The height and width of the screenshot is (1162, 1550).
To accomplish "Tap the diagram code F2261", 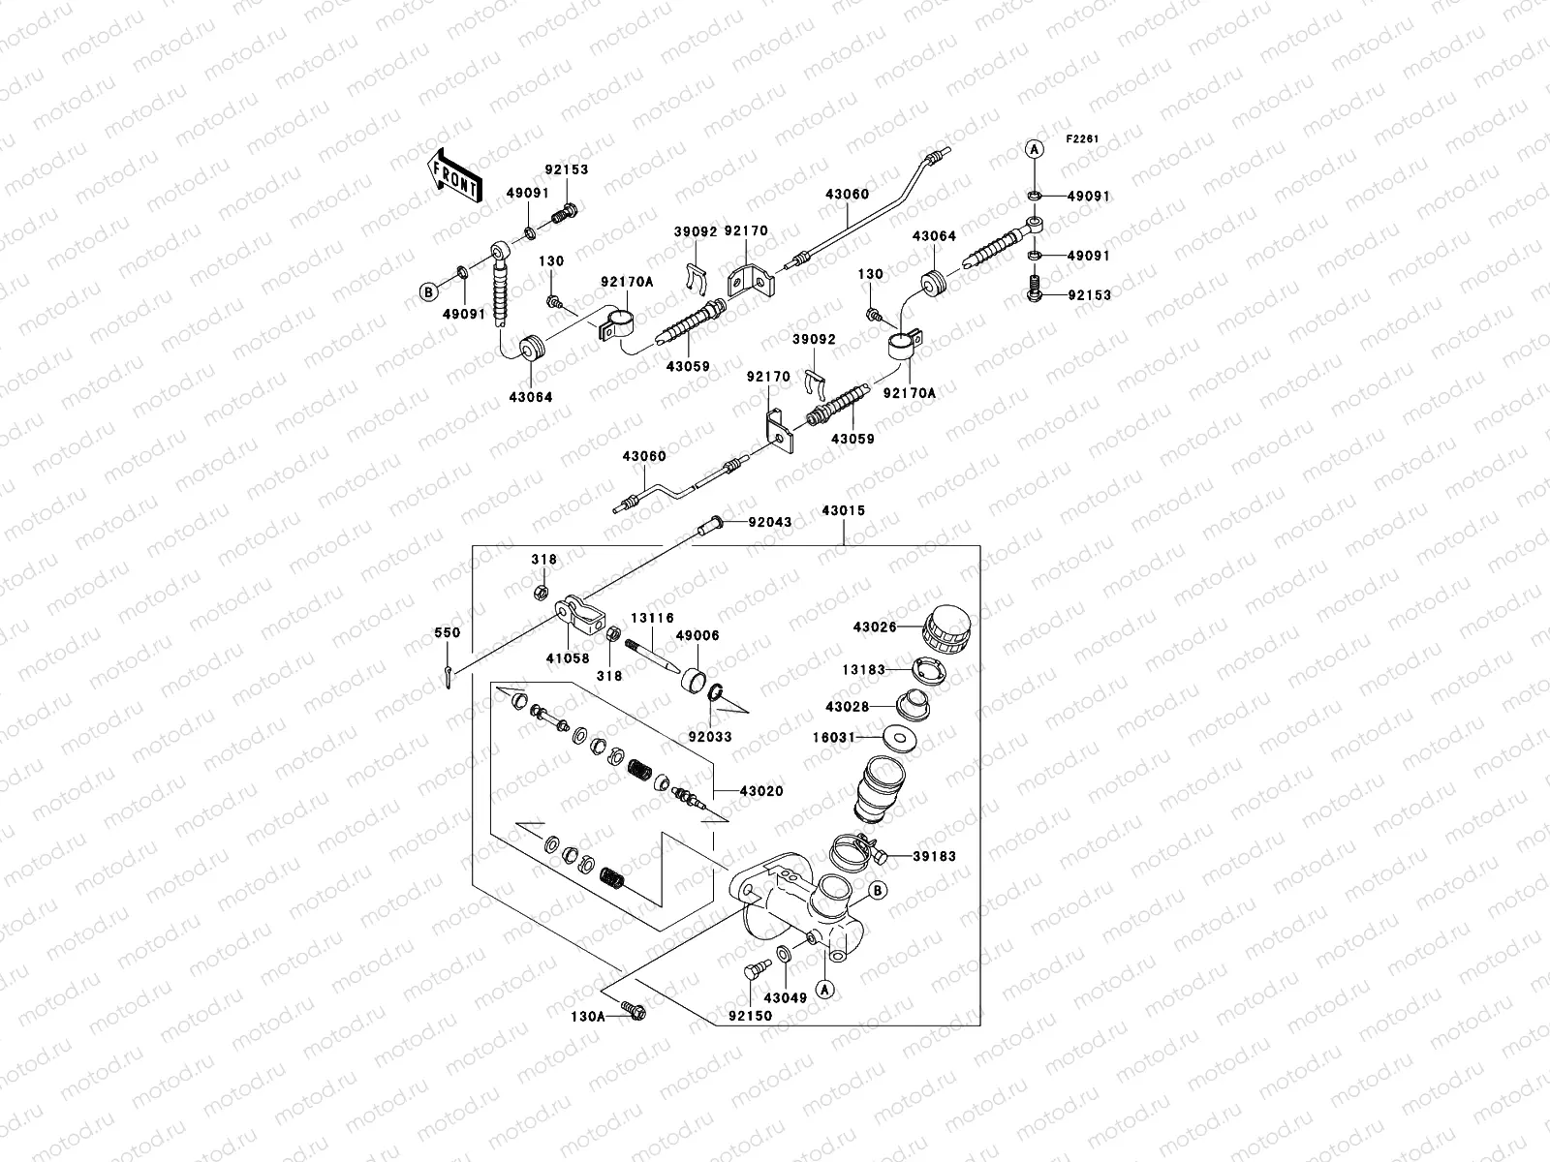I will [x=1083, y=139].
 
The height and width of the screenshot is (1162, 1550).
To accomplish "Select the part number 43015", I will [x=843, y=510].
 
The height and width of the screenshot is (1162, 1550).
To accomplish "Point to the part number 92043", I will [x=770, y=523].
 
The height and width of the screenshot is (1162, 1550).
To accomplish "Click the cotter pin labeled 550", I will [x=447, y=677].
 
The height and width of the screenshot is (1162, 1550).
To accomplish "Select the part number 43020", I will [x=761, y=791].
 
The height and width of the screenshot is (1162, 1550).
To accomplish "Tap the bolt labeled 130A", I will [x=635, y=1013].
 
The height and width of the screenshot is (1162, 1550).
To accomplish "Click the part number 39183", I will [x=934, y=856].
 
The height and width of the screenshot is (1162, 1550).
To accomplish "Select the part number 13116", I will [x=652, y=618].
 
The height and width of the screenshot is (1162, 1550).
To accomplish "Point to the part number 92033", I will [x=710, y=736].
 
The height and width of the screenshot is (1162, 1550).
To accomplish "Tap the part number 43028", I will [x=847, y=707].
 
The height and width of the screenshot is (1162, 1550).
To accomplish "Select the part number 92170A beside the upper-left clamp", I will [x=627, y=282].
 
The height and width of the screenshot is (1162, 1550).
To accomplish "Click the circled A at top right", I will [x=1034, y=149].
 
